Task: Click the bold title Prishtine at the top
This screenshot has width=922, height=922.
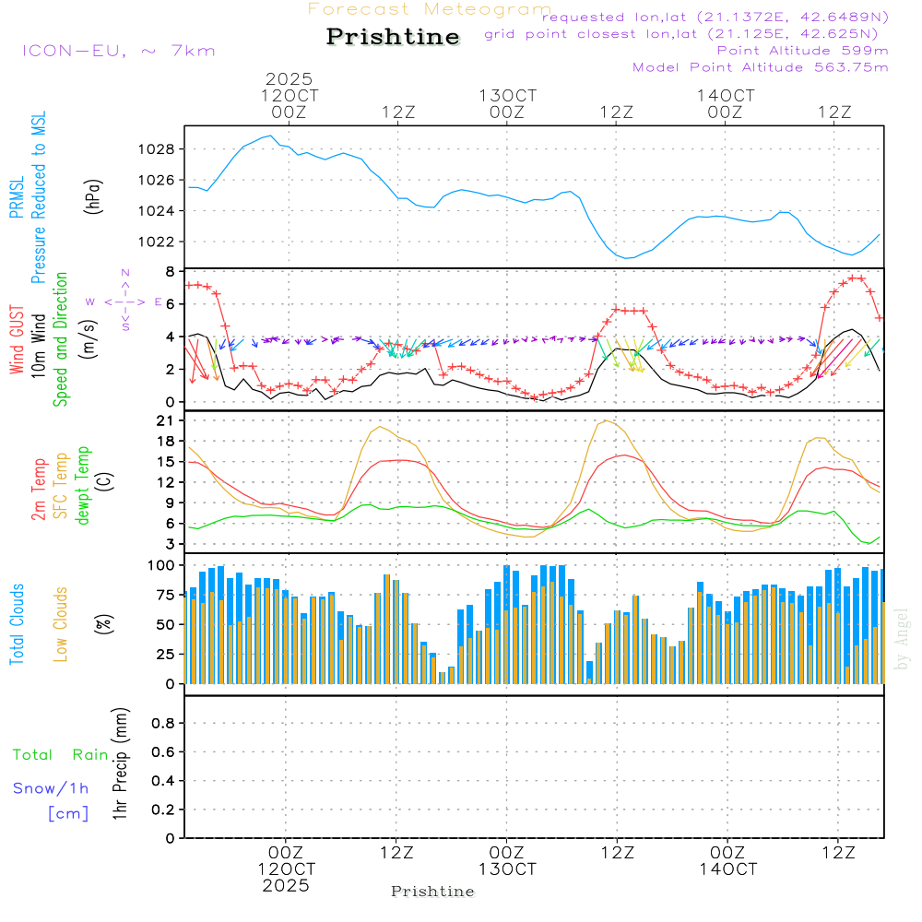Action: [x=393, y=37]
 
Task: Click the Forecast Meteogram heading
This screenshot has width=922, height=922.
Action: [x=430, y=9]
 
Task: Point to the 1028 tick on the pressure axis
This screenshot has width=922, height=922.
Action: [x=160, y=149]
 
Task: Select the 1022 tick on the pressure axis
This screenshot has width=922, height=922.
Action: [x=160, y=242]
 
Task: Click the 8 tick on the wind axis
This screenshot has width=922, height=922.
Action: [x=171, y=272]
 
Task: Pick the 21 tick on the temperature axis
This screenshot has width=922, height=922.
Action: [x=167, y=420]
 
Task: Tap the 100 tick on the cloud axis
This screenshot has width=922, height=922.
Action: [x=161, y=564]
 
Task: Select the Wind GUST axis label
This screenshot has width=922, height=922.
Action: [x=17, y=342]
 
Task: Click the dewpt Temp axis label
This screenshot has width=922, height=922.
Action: [x=83, y=486]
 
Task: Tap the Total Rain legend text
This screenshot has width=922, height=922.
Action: [x=61, y=754]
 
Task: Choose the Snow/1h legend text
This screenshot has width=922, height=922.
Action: [x=52, y=788]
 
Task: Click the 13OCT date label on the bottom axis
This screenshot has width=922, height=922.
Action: [x=507, y=869]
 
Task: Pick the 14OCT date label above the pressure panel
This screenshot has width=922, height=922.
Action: [x=726, y=96]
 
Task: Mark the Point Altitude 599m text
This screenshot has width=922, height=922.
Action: [x=802, y=50]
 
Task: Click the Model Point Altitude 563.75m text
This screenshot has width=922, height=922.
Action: [x=761, y=67]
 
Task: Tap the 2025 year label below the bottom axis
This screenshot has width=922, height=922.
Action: [x=286, y=885]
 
